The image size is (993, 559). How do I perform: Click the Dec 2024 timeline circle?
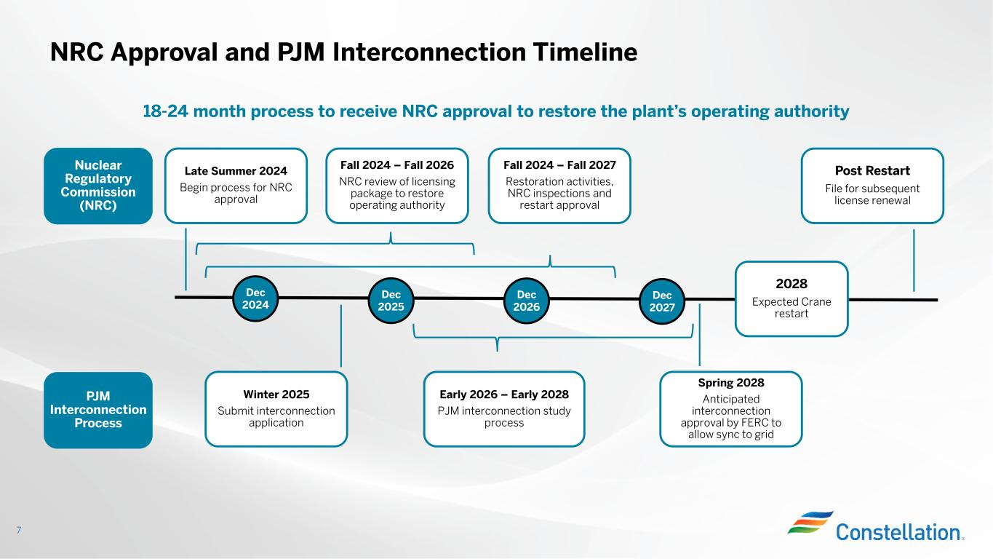[255, 298]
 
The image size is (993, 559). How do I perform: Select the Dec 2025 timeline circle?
[391, 301]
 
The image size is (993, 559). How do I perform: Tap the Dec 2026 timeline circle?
[527, 301]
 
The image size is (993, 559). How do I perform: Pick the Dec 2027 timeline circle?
[662, 301]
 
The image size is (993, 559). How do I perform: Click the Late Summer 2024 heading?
[236, 171]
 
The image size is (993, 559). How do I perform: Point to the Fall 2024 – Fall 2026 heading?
[397, 165]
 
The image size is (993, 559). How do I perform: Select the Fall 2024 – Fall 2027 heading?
[559, 165]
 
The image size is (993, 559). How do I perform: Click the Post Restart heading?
[872, 170]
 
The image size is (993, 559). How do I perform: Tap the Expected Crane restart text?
[791, 307]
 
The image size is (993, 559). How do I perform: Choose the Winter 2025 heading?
[276, 395]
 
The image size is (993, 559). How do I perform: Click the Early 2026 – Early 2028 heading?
[504, 395]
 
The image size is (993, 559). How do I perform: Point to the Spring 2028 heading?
[731, 382]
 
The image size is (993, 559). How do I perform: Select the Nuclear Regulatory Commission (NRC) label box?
[98, 186]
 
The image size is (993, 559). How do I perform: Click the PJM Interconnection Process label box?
[98, 410]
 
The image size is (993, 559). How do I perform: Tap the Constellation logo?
[876, 526]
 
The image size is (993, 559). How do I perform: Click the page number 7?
[19, 530]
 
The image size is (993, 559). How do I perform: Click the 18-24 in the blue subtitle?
[165, 111]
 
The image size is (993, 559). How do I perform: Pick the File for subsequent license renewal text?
[872, 194]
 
